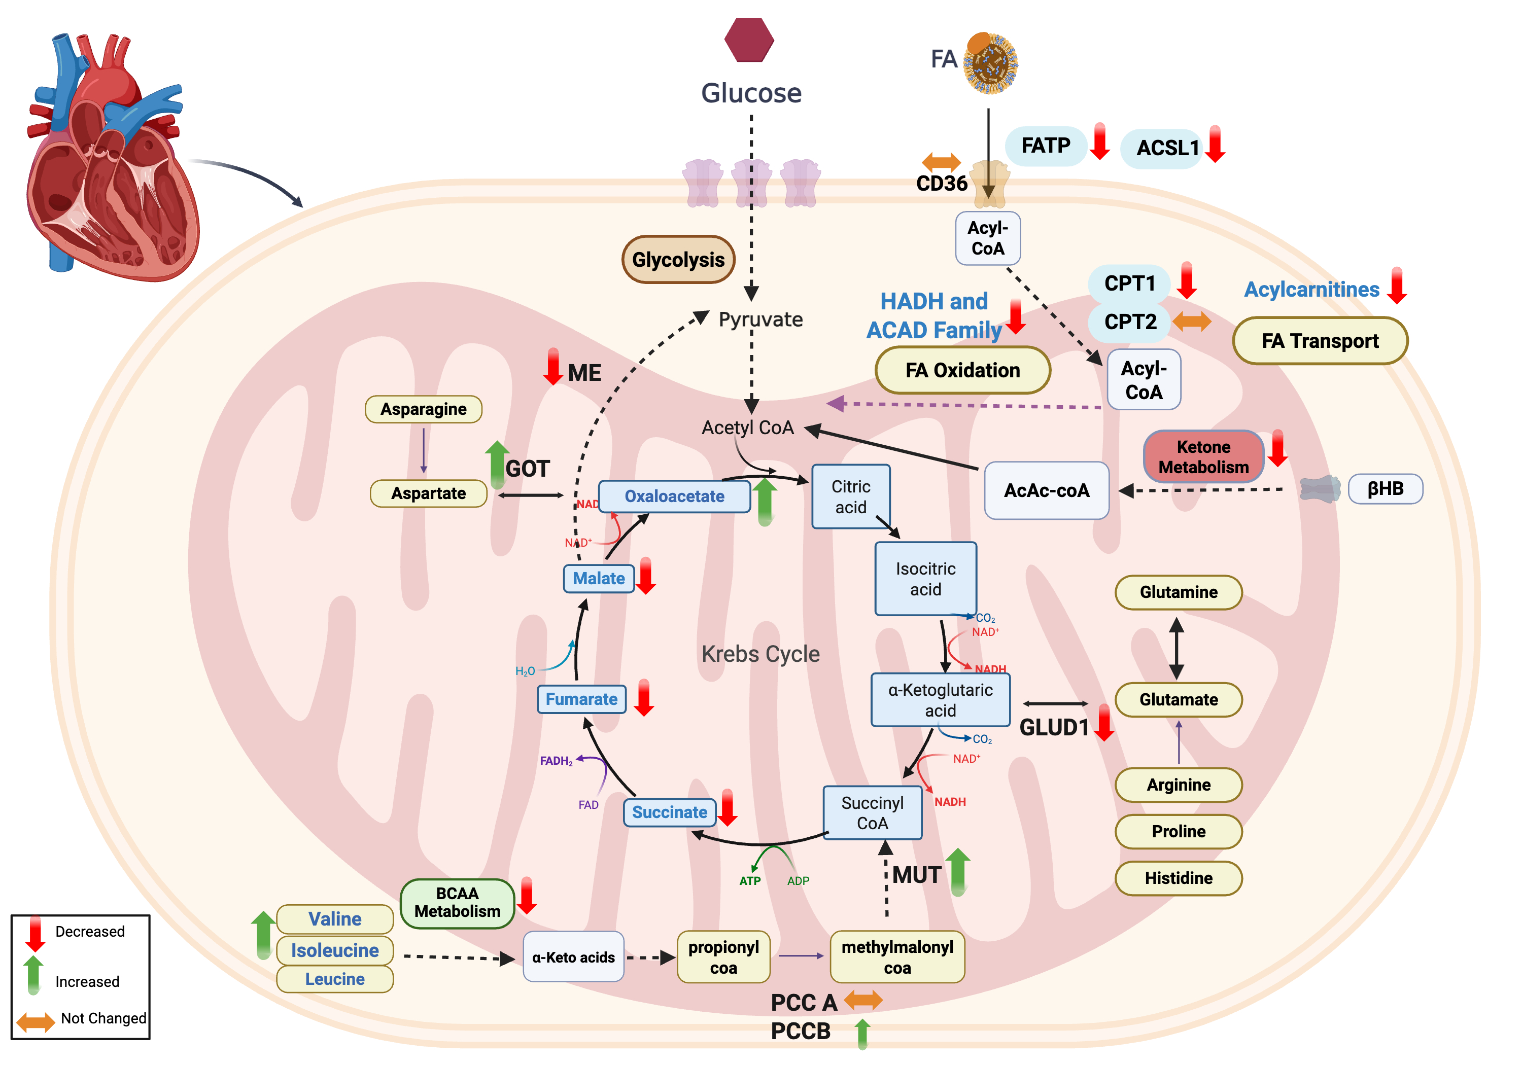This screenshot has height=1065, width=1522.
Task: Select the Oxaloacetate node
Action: pos(674,496)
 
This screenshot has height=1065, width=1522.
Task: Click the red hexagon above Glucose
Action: pos(749,40)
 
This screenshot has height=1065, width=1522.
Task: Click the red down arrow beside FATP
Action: pos(1100,141)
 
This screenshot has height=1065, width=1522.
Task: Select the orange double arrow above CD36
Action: pos(941,161)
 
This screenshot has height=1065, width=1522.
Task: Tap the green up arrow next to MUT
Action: pos(958,871)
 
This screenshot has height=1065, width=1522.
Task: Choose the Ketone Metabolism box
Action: pos(1203,456)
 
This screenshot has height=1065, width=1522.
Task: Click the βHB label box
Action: pos(1385,489)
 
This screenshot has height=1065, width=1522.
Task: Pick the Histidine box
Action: pos(1178,878)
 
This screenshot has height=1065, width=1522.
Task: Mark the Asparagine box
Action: pos(423,409)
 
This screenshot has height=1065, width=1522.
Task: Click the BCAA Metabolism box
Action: pos(458,903)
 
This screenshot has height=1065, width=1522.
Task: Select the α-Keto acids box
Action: pos(573,957)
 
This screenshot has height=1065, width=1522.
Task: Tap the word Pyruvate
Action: pos(760,319)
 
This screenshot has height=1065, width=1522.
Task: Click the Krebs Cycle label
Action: pos(760,654)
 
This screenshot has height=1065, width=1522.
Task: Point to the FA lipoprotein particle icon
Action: pos(990,63)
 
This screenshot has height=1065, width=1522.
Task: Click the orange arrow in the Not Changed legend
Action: pos(35,1021)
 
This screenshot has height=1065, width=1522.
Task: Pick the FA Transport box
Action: pos(1320,341)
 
